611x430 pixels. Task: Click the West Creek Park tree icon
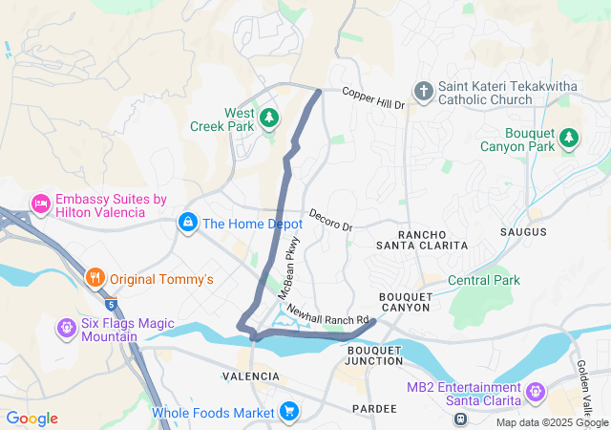[270, 118]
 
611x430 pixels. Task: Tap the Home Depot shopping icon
[187, 224]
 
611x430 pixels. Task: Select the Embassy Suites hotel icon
[40, 203]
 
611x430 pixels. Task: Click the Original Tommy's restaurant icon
[95, 279]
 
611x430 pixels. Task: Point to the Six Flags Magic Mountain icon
[66, 329]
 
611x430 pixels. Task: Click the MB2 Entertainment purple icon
[535, 392]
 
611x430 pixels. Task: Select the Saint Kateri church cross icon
[423, 92]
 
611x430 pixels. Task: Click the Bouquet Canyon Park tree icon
[569, 138]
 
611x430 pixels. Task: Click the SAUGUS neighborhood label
[523, 232]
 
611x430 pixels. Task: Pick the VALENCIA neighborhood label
[251, 376]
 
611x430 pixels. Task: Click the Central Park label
[484, 280]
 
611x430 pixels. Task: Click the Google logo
[32, 419]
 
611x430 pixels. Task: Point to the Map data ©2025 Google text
[551, 422]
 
